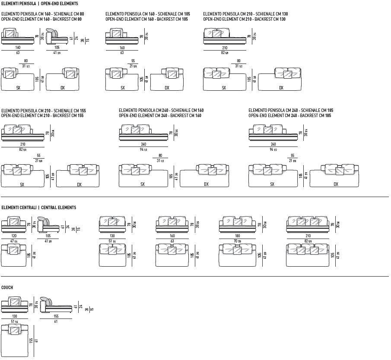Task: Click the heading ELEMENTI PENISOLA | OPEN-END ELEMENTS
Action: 39,3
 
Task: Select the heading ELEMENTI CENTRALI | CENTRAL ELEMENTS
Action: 38,207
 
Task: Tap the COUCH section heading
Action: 7,287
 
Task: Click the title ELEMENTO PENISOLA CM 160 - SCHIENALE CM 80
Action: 42,14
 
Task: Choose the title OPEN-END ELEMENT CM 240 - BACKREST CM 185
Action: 290,115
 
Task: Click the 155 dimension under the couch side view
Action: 56,316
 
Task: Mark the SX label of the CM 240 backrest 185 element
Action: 272,185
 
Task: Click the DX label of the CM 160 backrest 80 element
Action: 63,88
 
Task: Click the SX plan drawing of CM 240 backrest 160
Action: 143,175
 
